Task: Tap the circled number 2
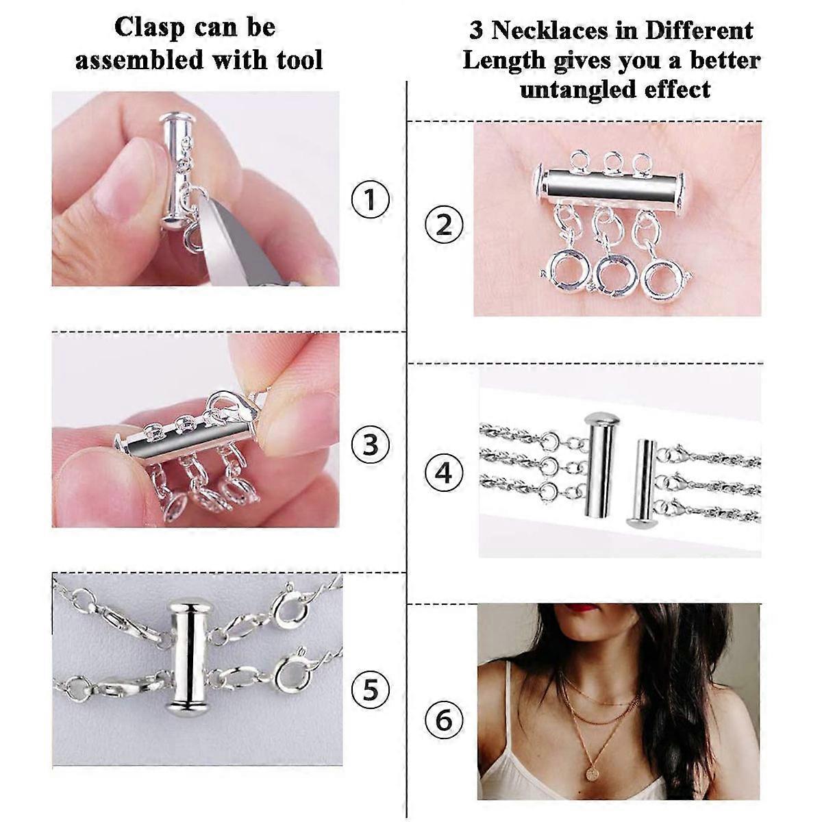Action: pos(444,225)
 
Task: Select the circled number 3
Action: pos(370,444)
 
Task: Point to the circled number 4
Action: pos(444,473)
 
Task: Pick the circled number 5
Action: pos(370,689)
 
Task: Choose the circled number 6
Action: pos(444,720)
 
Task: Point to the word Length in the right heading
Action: pos(503,60)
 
